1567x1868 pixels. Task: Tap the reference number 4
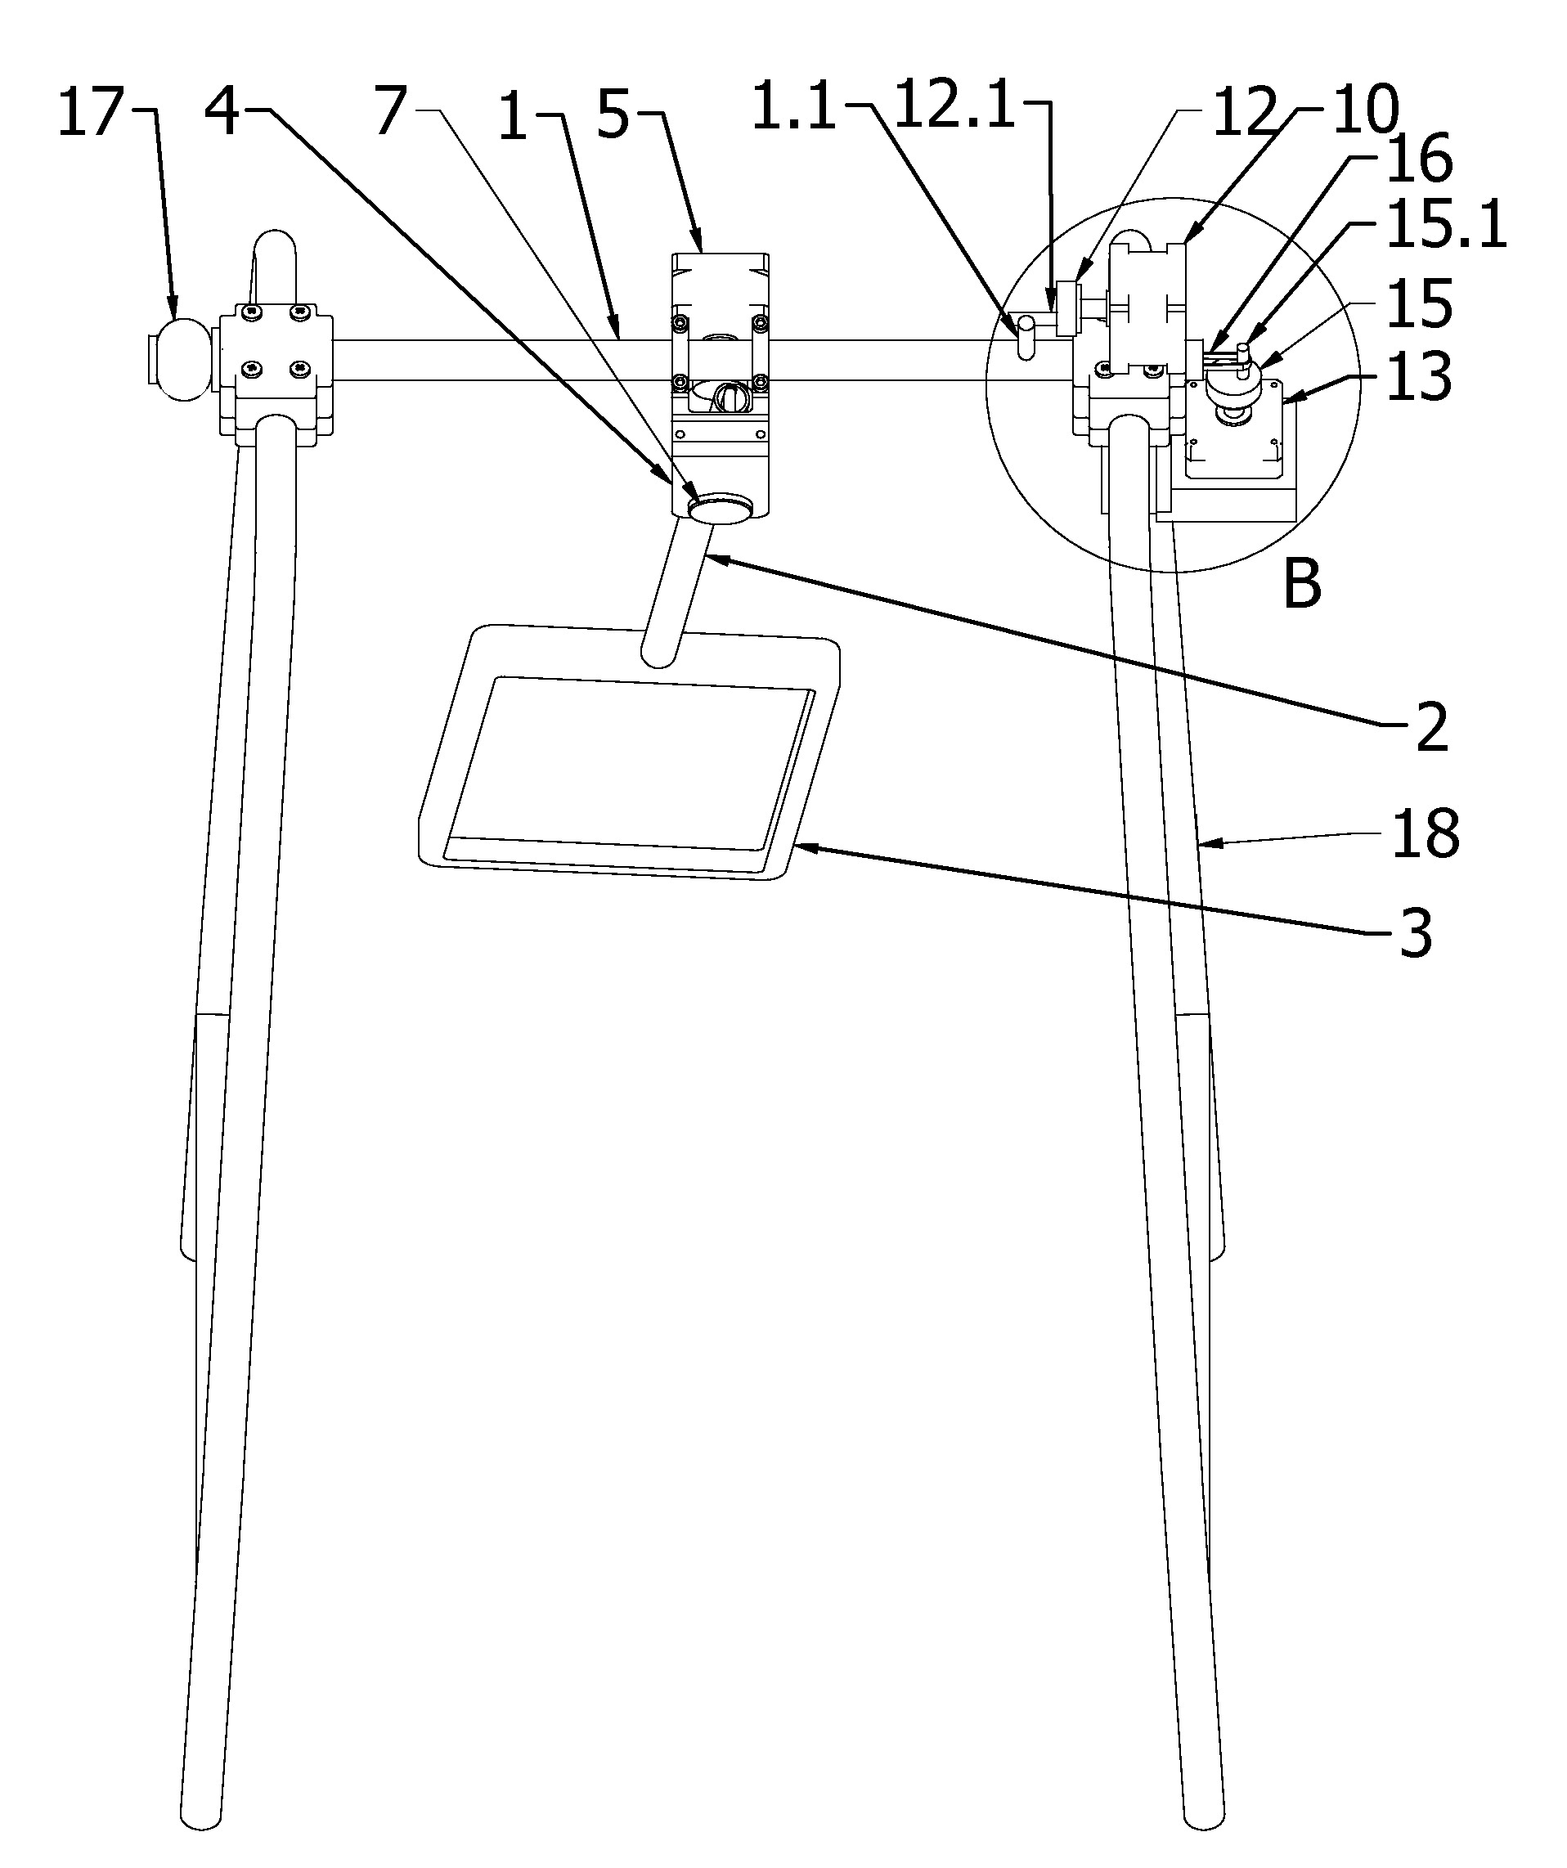click(222, 113)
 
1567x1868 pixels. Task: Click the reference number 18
click(1426, 833)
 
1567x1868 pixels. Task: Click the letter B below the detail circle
click(1303, 585)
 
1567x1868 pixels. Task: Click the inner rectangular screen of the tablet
click(630, 761)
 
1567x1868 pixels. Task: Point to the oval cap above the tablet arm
click(721, 510)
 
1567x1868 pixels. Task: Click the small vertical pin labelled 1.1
click(1026, 338)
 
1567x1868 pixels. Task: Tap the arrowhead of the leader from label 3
click(802, 846)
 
